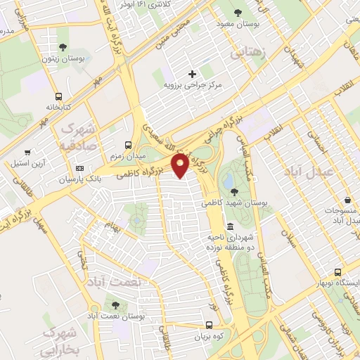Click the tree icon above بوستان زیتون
pyautogui.click(x=63, y=47)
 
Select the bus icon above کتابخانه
pyautogui.click(x=58, y=97)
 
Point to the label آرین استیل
pyautogui.click(x=28, y=164)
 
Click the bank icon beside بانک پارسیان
pyautogui.click(x=79, y=169)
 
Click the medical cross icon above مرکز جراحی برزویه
pyautogui.click(x=192, y=74)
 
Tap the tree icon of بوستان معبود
pyautogui.click(x=237, y=12)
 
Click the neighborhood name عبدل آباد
pyautogui.click(x=306, y=171)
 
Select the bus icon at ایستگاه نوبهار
pyautogui.click(x=339, y=272)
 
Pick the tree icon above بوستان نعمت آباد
pyautogui.click(x=115, y=304)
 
